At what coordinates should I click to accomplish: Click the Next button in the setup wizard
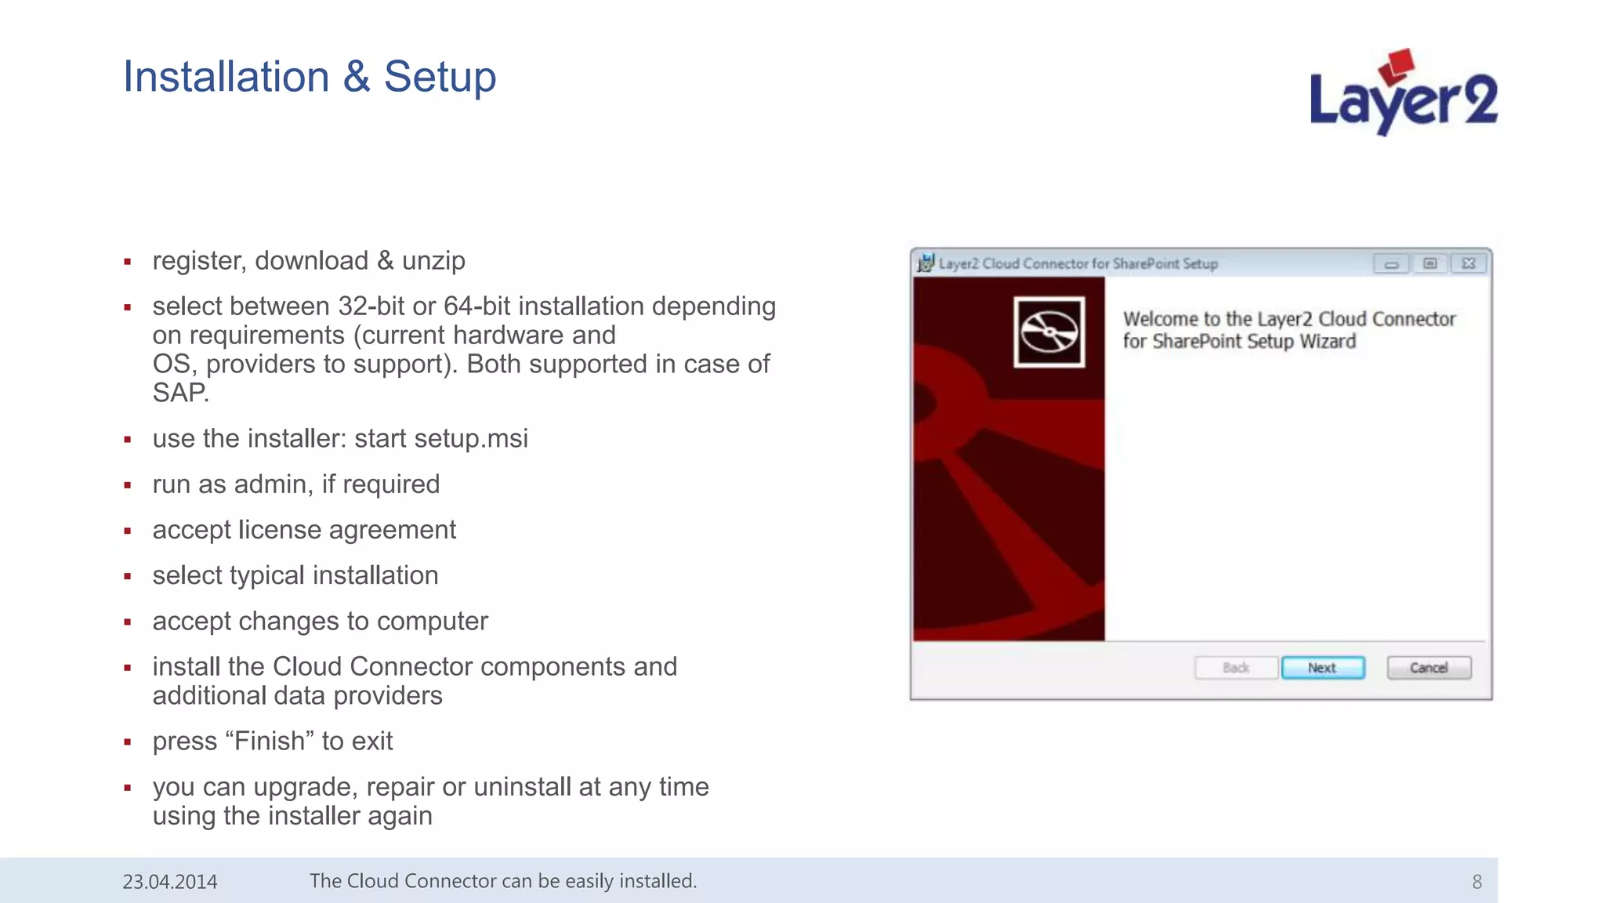1322,668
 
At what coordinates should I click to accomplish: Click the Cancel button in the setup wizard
1428,668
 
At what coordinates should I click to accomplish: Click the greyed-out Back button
1236,668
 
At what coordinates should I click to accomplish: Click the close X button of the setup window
1469,263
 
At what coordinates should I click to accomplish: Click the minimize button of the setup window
1391,263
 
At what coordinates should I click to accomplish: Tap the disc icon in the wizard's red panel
1049,332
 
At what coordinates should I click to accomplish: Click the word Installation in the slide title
226,77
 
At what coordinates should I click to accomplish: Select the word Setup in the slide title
440,77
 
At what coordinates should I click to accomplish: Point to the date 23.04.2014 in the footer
170,882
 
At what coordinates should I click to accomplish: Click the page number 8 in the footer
1476,882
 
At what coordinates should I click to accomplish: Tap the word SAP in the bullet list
179,393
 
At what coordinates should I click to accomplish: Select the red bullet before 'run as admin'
127,486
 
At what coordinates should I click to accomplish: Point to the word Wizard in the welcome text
1328,341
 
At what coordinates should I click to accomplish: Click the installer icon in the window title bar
926,263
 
